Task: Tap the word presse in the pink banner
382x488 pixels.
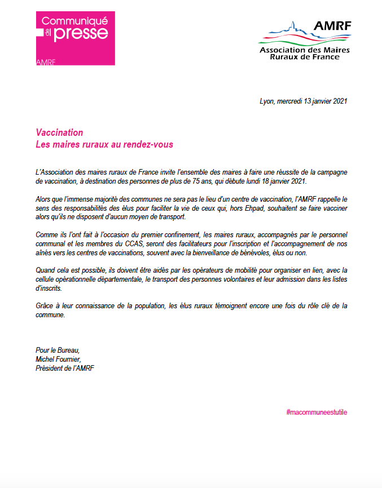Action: [82, 33]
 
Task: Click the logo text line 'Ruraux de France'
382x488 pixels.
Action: [305, 57]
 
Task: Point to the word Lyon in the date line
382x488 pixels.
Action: [266, 101]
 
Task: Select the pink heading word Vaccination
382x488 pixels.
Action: [59, 133]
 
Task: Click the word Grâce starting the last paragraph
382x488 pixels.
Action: [45, 305]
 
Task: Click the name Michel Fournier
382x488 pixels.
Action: [58, 360]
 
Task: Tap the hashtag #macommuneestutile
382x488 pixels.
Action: [317, 412]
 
